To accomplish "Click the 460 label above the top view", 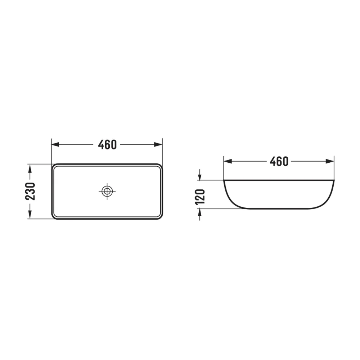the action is point(107,145).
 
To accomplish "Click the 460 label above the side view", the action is point(279,161).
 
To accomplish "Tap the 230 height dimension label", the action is point(30,191).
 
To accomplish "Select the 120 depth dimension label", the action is point(200,197).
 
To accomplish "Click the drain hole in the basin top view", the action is point(107,191).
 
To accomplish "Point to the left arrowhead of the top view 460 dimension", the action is point(55,144).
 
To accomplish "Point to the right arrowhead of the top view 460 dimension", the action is point(158,144).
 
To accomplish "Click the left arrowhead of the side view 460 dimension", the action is point(228,161).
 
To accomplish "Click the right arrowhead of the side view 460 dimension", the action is point(330,161).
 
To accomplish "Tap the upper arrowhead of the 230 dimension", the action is point(30,168).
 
